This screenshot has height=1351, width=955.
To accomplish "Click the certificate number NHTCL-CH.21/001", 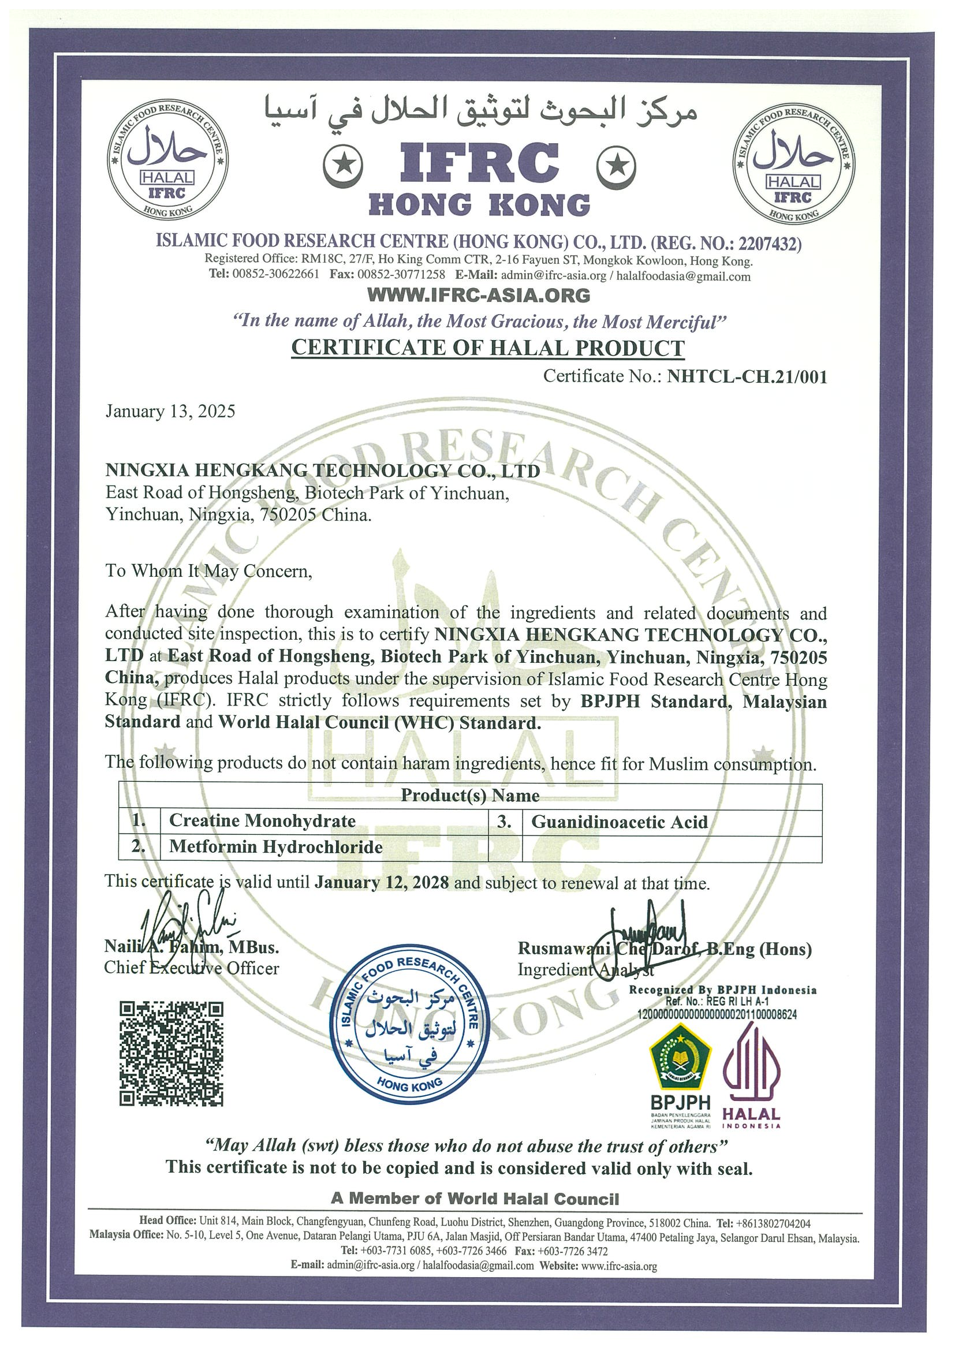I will tap(747, 376).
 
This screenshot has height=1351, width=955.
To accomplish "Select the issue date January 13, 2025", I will tap(170, 411).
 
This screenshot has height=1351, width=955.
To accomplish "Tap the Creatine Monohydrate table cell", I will tap(263, 821).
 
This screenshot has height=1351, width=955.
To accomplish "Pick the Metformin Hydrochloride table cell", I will tap(275, 847).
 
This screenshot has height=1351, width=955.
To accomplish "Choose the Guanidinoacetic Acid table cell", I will tap(619, 822).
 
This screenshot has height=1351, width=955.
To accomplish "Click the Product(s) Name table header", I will tap(470, 796).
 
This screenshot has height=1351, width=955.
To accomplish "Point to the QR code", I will tap(171, 1054).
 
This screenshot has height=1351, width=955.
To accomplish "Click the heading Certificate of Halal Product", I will tap(488, 348).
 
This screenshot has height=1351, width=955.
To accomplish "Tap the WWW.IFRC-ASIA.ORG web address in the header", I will tap(479, 295).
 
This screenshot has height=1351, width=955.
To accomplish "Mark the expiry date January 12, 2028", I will tap(381, 883).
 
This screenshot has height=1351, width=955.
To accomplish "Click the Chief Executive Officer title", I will tap(191, 968).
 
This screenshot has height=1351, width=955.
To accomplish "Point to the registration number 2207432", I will tap(769, 243).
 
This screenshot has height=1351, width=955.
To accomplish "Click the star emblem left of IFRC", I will tap(342, 164).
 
